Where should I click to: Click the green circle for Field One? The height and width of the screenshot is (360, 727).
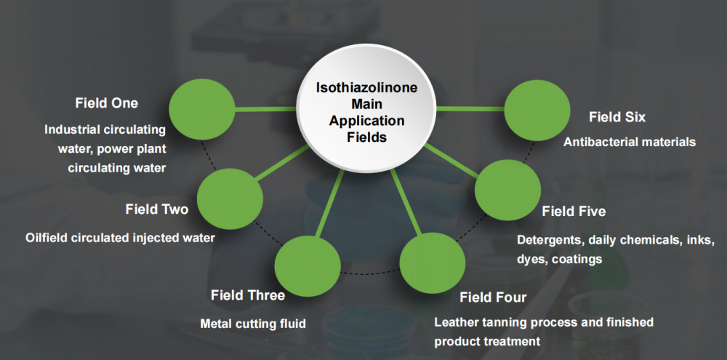[x=201, y=109]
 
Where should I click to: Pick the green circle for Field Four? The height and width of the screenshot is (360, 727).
[x=433, y=263]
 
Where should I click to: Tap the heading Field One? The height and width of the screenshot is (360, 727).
[x=106, y=103]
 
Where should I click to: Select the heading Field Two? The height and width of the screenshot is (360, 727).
[x=156, y=209]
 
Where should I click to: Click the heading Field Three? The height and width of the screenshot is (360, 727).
[x=247, y=295]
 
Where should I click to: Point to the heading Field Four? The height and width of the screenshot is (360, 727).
[x=493, y=297]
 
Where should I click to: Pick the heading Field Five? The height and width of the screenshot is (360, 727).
[x=574, y=211]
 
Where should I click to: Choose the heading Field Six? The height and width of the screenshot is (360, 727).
[x=616, y=116]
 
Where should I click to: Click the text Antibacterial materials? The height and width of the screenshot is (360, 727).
[x=629, y=142]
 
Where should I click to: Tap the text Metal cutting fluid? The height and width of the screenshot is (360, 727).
[x=253, y=324]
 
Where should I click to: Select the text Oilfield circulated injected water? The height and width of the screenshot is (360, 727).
[x=120, y=237]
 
